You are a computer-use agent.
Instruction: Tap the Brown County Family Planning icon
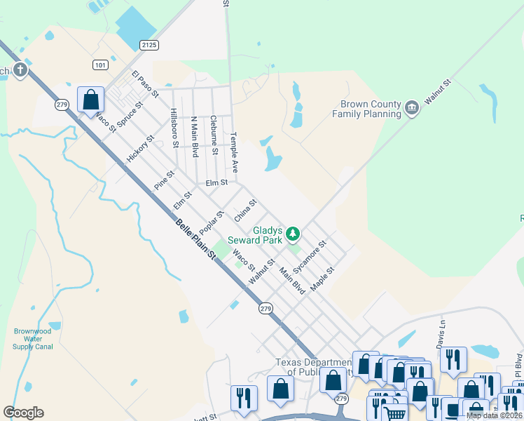coord(412,107)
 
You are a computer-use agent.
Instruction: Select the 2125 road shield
coord(149,45)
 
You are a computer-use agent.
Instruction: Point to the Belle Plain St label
coord(195,240)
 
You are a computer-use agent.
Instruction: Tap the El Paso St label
coord(146,83)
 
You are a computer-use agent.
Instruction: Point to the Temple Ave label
coord(235,152)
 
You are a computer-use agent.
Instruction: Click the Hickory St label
coord(140,149)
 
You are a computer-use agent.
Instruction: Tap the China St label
coord(245,210)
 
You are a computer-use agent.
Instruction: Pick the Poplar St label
coord(211,223)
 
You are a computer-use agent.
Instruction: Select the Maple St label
coord(323,279)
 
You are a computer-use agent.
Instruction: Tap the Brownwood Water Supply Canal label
coord(33,340)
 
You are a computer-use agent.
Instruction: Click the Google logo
coord(23,413)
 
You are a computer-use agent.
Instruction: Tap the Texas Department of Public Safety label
coord(312,367)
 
